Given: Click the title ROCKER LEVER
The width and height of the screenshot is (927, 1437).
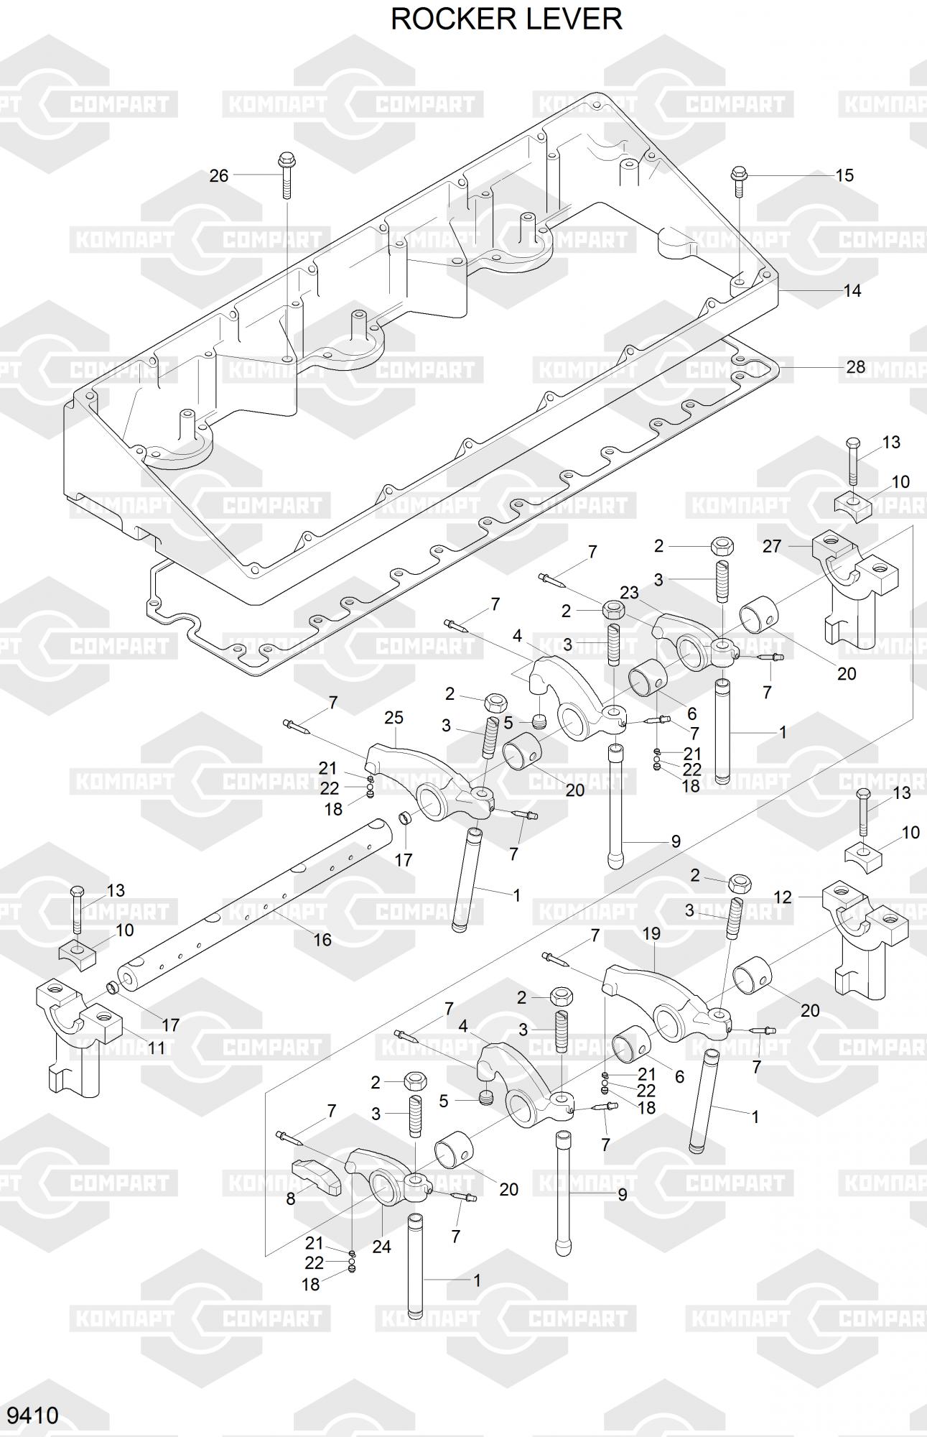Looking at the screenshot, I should point(506,19).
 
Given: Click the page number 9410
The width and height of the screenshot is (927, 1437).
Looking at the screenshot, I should point(32,1415).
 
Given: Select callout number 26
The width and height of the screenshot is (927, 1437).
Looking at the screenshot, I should point(219,175).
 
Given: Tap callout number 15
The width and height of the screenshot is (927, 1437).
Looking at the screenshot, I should point(844,175).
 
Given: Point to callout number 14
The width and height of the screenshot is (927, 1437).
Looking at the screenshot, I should point(852,291).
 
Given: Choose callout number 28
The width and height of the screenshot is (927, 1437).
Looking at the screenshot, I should point(855,367).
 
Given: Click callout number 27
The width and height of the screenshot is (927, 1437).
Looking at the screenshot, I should point(772,546).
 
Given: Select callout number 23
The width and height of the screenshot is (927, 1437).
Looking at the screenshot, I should point(629,593).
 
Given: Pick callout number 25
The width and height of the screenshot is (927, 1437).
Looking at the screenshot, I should point(393,717).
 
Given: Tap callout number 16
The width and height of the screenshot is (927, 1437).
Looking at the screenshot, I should point(322,939).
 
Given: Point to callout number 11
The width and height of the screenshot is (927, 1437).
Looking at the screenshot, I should point(156,1048).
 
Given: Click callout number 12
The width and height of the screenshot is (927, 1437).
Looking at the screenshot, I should point(783,897).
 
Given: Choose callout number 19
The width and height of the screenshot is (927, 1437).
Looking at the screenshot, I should point(651,934).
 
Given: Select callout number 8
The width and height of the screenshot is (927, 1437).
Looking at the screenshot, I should point(291,1199).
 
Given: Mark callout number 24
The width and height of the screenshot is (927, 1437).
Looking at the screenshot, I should point(381,1247).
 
